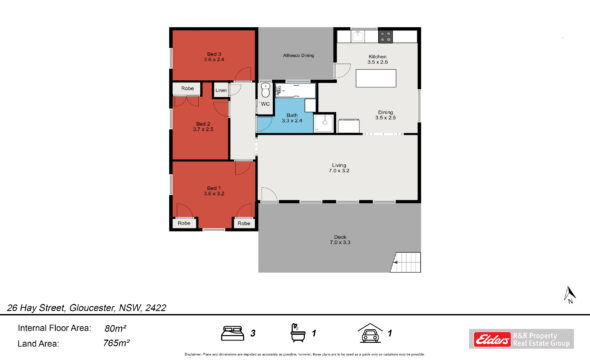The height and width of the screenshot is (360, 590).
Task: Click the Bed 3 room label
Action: coord(212,55)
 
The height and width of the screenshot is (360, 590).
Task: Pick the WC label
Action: coord(265,104)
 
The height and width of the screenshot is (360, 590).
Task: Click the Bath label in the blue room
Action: coord(293,115)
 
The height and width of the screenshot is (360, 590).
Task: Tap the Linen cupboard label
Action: coord(220,92)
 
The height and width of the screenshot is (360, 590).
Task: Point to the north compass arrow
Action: coord(568,293)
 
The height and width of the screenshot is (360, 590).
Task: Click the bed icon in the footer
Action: coord(232,333)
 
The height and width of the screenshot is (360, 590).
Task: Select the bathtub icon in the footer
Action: coord(297,333)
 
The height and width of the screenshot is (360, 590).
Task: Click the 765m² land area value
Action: coord(116,343)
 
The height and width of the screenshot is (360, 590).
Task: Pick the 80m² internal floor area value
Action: coord(116,327)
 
